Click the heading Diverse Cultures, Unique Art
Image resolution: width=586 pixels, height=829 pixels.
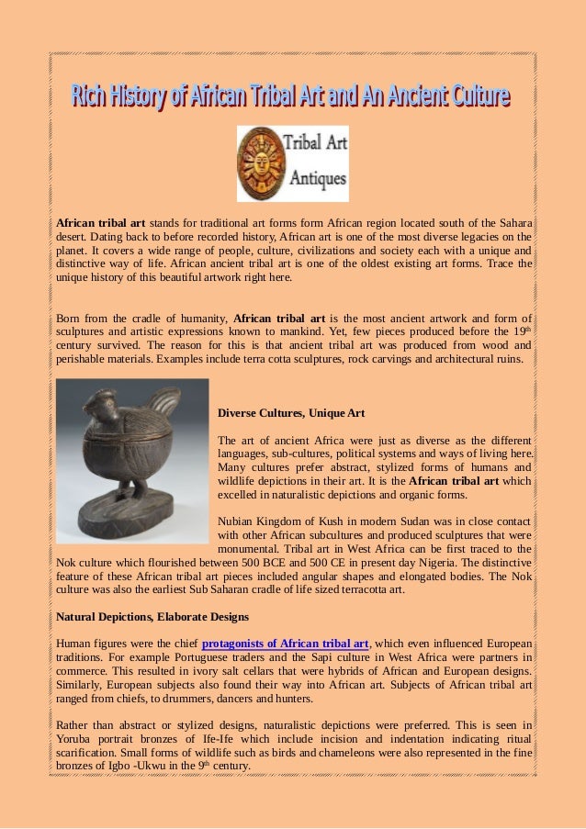coord(291,413)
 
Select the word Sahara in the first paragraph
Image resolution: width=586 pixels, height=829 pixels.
coord(512,221)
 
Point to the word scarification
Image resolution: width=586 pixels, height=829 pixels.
coord(90,754)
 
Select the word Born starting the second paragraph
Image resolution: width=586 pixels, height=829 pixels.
coord(71,319)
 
